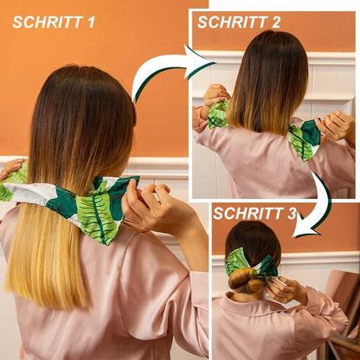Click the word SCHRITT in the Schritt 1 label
[x=50, y=22]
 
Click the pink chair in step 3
[x=346, y=303]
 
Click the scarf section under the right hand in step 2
[x=306, y=138]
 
